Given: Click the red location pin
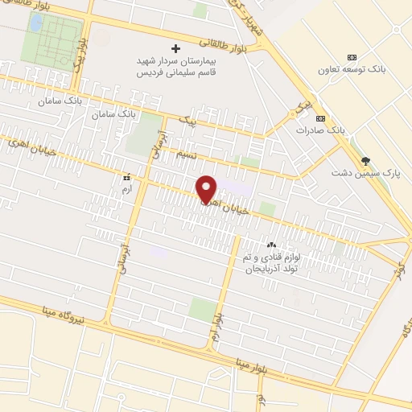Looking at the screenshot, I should click(x=208, y=188).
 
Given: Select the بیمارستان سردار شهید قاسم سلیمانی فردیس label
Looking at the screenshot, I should click(x=175, y=66).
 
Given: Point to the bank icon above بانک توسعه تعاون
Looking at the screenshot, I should click(x=352, y=57).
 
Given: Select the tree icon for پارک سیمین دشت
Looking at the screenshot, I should click(x=366, y=160).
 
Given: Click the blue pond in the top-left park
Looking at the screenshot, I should click(x=35, y=23).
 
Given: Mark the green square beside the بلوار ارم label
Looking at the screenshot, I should click(x=202, y=309).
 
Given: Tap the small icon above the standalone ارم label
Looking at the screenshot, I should click(x=126, y=175).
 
